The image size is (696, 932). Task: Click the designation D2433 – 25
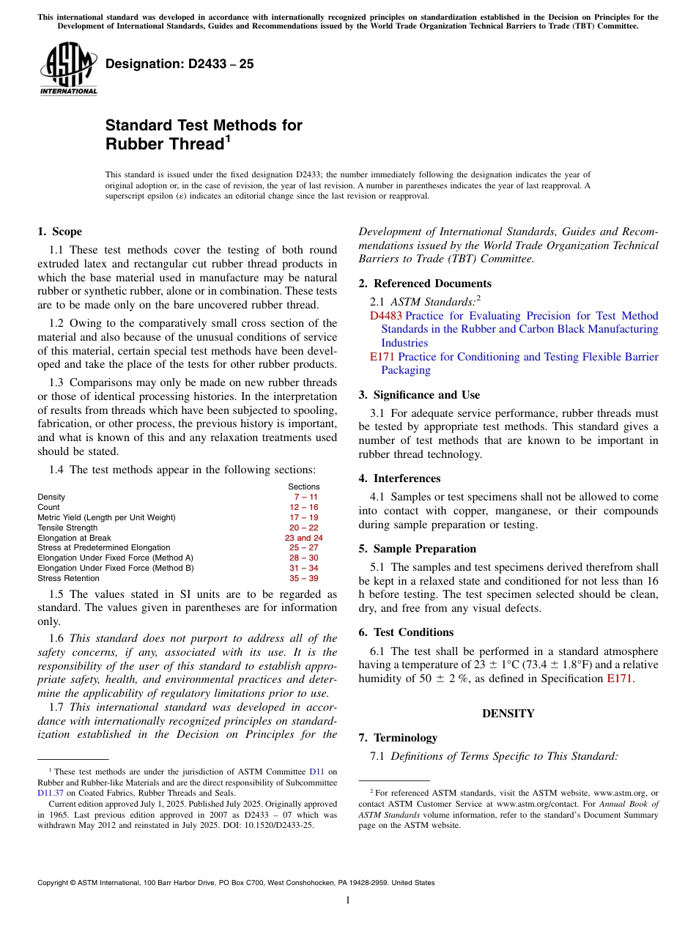pyautogui.click(x=179, y=64)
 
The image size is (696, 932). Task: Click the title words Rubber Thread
pyautogui.click(x=164, y=144)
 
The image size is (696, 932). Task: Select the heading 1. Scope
pyautogui.click(x=60, y=232)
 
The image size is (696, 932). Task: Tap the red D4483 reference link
pyautogui.click(x=385, y=316)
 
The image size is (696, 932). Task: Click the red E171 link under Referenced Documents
pyautogui.click(x=382, y=357)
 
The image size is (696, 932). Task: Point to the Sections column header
pyautogui.click(x=303, y=487)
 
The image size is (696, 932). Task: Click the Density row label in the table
pyautogui.click(x=51, y=497)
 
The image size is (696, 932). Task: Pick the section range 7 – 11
pyautogui.click(x=303, y=497)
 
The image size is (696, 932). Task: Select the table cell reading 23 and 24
pyautogui.click(x=303, y=538)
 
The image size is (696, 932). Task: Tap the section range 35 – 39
pyautogui.click(x=303, y=578)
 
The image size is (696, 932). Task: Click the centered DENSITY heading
pyautogui.click(x=508, y=713)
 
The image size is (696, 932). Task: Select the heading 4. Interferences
pyautogui.click(x=410, y=478)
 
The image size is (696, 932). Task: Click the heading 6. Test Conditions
pyautogui.click(x=413, y=632)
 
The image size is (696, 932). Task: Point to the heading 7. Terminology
pyautogui.click(x=405, y=738)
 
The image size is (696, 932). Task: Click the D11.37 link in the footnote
pyautogui.click(x=49, y=792)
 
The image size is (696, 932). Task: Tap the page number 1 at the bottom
pyautogui.click(x=348, y=900)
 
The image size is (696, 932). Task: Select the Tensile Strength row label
pyautogui.click(x=67, y=528)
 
